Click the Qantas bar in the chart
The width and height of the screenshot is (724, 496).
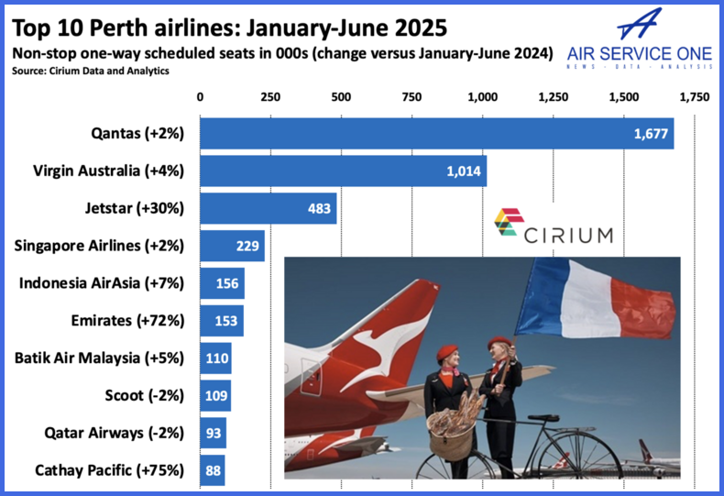[436, 134]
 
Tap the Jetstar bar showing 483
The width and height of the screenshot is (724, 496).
[268, 208]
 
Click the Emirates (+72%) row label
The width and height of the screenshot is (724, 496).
[127, 321]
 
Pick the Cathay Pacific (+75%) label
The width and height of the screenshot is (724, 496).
[109, 470]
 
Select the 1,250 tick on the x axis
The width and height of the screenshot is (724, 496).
[553, 96]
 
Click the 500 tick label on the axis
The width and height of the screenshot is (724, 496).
[341, 96]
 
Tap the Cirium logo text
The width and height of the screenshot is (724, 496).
[568, 235]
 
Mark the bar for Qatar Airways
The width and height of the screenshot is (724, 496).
[213, 433]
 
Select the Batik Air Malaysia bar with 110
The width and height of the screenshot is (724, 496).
[215, 358]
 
